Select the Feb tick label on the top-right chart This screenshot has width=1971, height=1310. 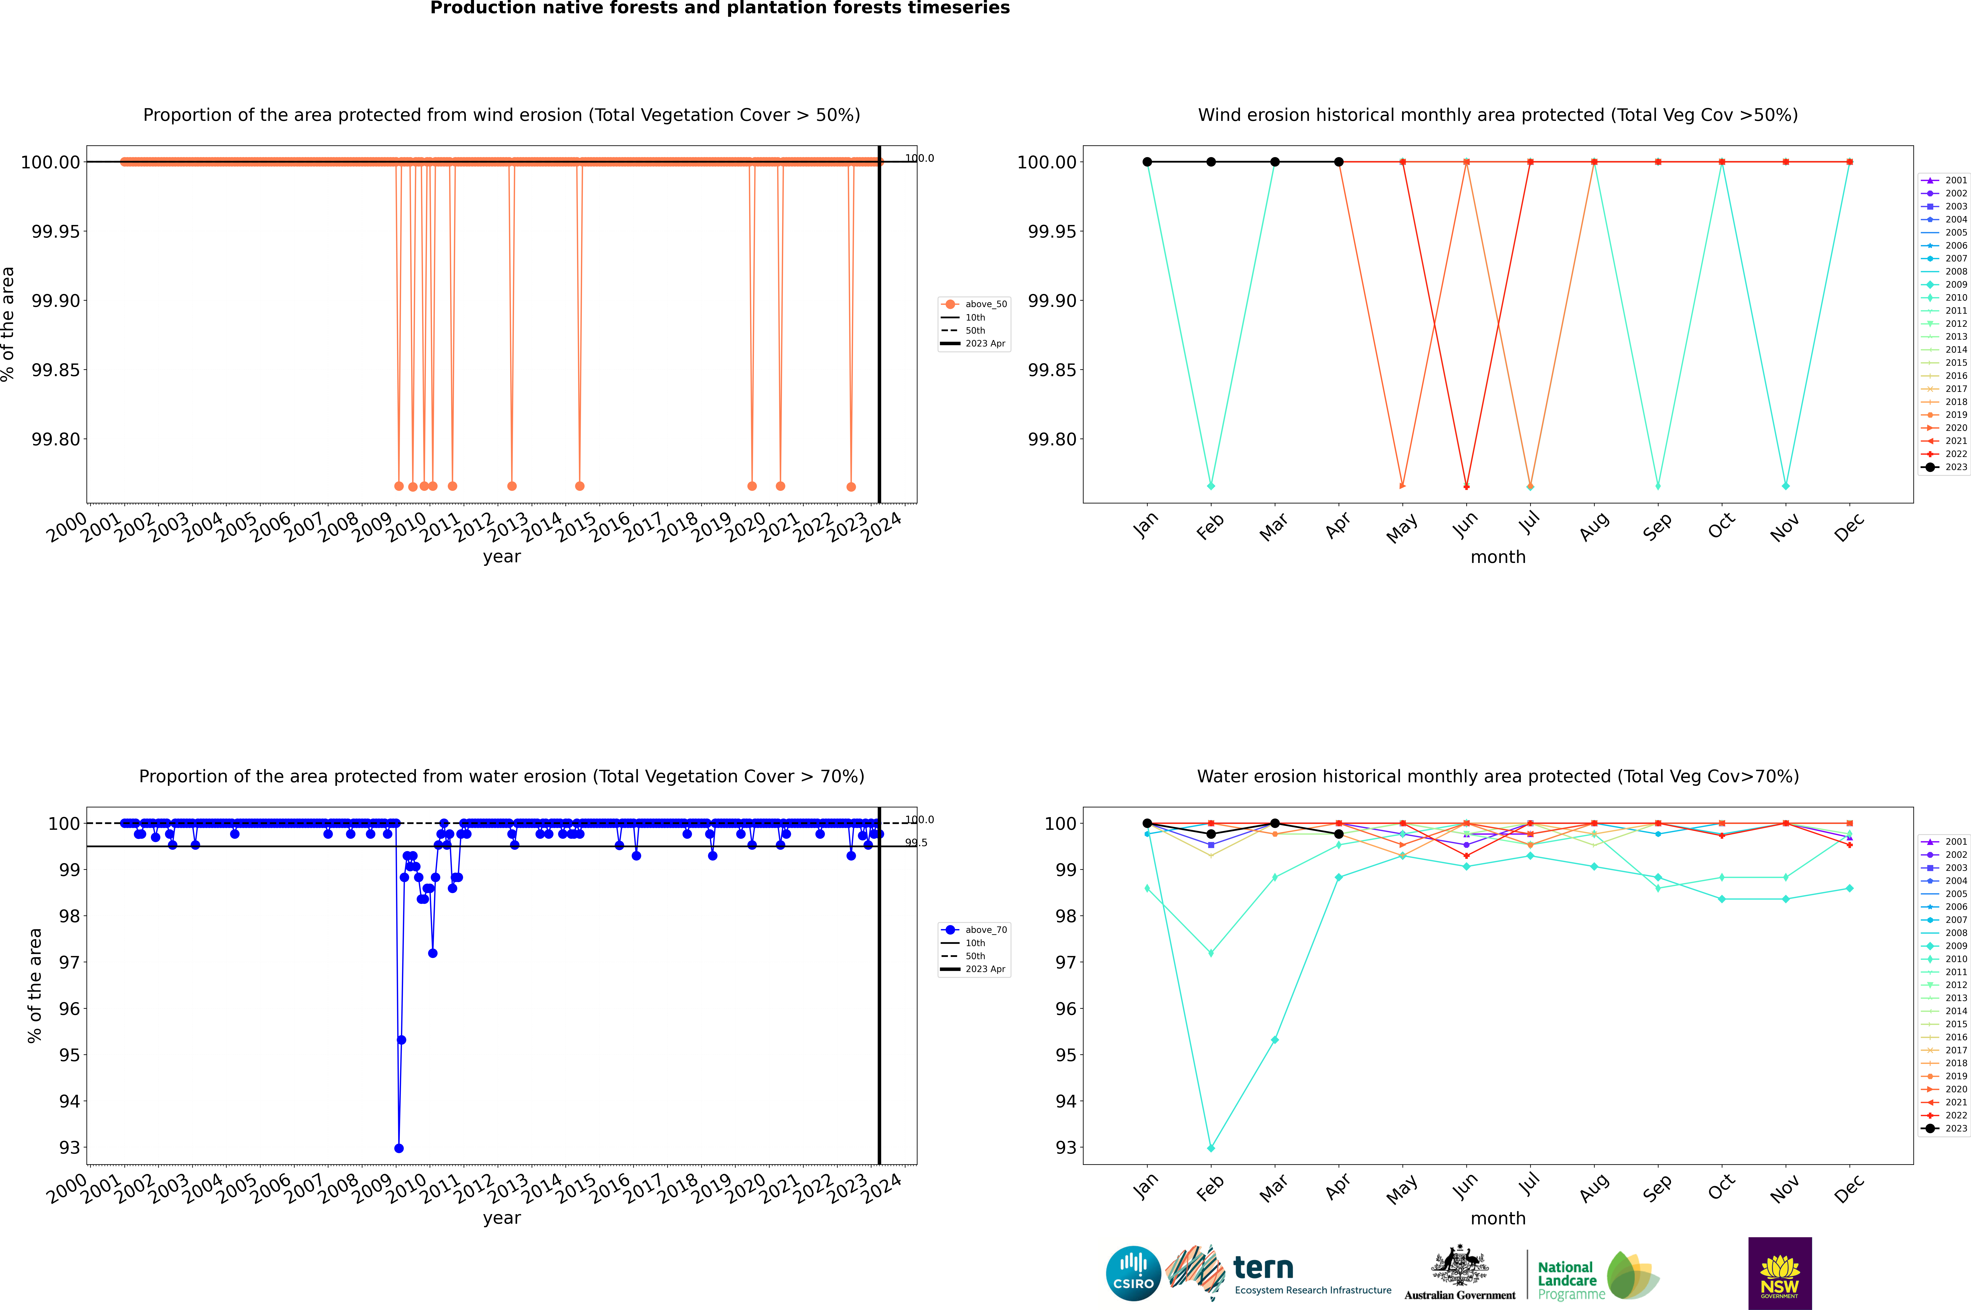[x=1210, y=526]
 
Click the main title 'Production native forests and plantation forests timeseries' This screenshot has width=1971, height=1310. [x=719, y=8]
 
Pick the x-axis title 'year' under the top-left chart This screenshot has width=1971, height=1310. [x=501, y=557]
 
